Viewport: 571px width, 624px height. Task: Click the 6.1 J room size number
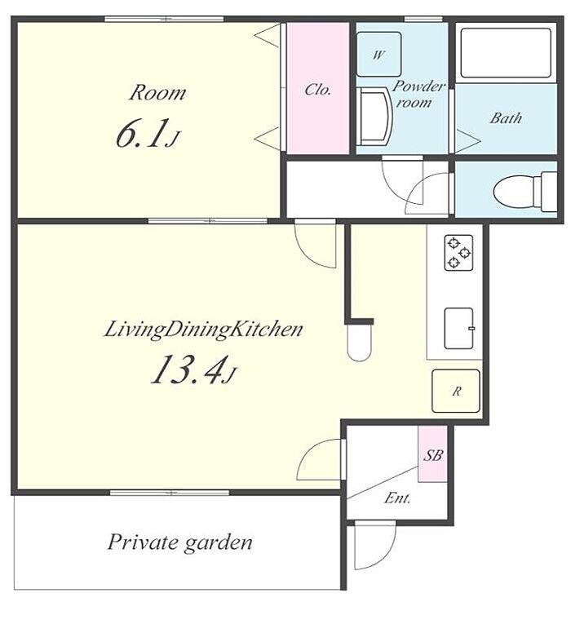coord(147,133)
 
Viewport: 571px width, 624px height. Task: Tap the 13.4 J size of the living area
coord(193,370)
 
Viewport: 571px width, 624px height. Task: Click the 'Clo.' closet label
coord(317,90)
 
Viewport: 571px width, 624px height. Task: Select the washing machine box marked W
coord(378,54)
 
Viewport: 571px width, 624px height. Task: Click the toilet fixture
coord(525,192)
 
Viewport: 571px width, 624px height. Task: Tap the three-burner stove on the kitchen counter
coord(458,252)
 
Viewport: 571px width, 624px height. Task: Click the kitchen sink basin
coord(458,329)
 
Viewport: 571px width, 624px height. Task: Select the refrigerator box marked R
coord(456,391)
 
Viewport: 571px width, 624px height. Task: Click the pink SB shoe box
coord(432,454)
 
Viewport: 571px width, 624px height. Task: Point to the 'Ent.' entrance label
coord(397,498)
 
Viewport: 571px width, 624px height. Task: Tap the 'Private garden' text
coord(179,542)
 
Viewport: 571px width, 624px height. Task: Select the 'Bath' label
coord(506,117)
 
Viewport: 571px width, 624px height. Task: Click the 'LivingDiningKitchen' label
coord(203,330)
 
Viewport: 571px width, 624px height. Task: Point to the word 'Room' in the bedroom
coord(157,93)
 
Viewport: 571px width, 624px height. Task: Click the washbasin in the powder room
coord(374,116)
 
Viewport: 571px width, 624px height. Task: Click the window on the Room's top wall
coord(164,19)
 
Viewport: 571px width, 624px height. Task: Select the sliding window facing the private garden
coord(170,493)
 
